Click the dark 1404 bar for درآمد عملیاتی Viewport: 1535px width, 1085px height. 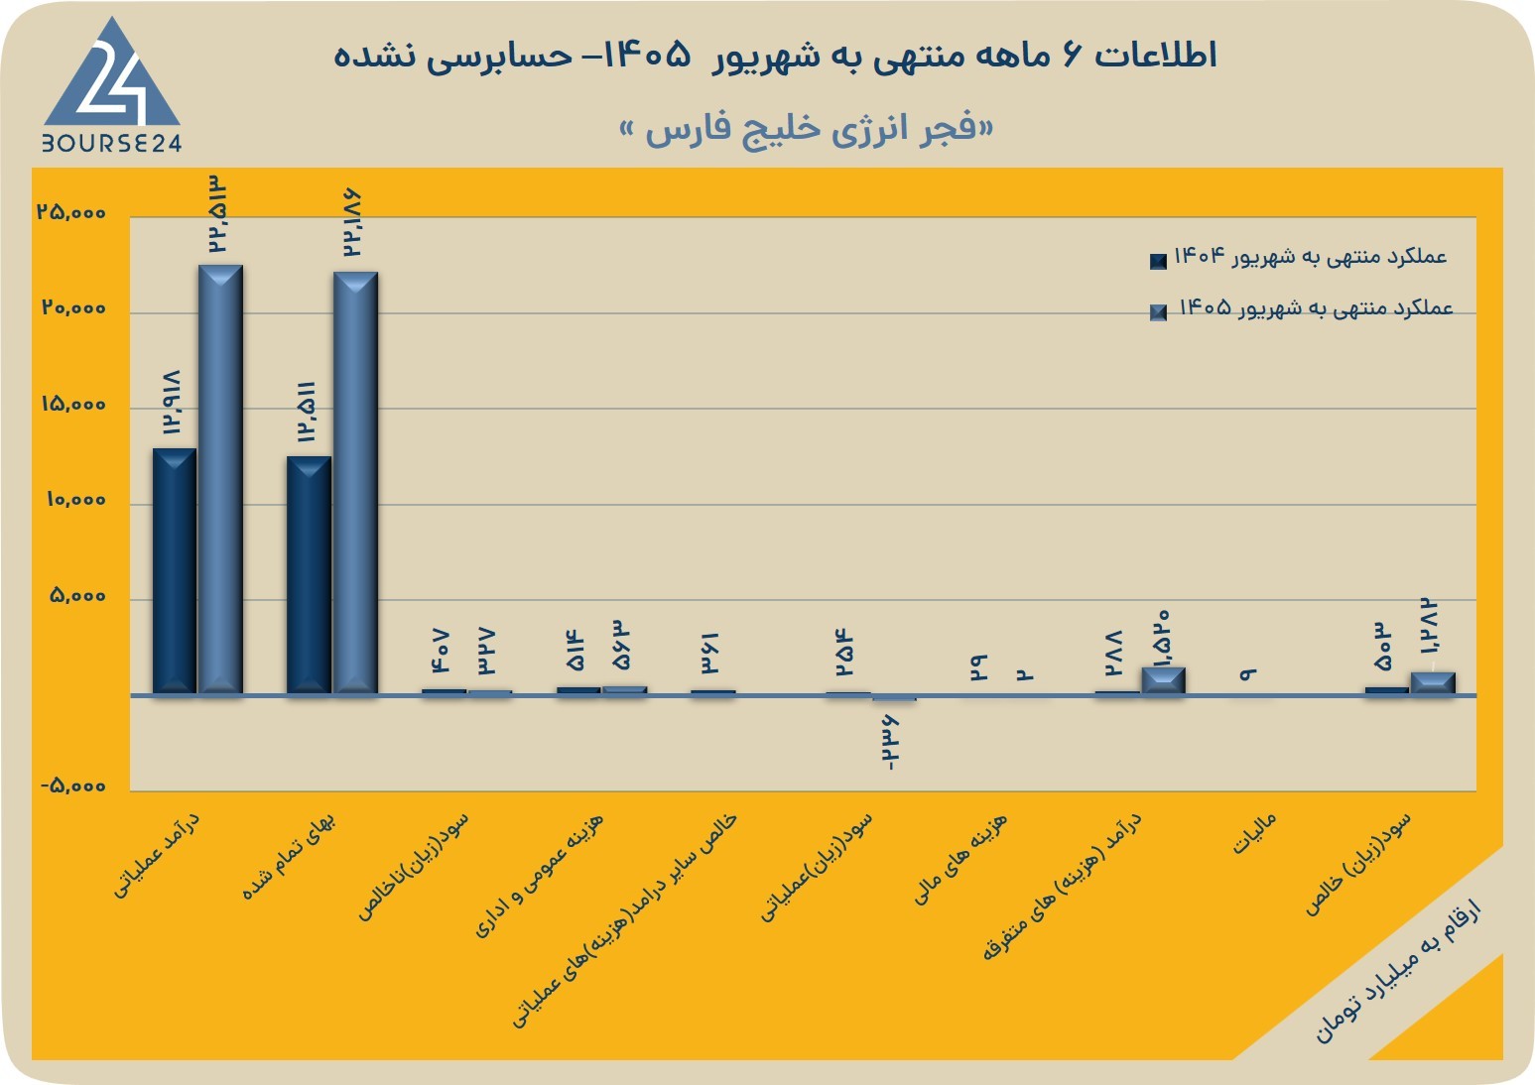pyautogui.click(x=174, y=571)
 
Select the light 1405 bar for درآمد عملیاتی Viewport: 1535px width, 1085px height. pyautogui.click(x=220, y=479)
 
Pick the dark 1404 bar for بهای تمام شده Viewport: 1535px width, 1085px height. pyautogui.click(x=309, y=575)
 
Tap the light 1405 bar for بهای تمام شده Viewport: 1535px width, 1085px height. pyautogui.click(x=355, y=483)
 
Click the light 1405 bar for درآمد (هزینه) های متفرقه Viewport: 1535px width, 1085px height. pyautogui.click(x=1164, y=681)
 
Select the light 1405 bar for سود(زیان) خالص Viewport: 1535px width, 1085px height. pyautogui.click(x=1433, y=683)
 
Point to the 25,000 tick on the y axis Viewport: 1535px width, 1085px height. pyautogui.click(x=72, y=212)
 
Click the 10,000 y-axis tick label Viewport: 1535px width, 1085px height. pyautogui.click(x=76, y=500)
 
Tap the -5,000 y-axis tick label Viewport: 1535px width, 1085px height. pyautogui.click(x=73, y=785)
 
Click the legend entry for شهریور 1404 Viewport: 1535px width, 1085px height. pyautogui.click(x=1299, y=257)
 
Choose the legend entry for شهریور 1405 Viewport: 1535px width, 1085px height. pyautogui.click(x=1301, y=308)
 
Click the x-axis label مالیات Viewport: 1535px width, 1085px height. pyautogui.click(x=1254, y=833)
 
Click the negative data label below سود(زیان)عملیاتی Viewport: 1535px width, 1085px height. pyautogui.click(x=889, y=742)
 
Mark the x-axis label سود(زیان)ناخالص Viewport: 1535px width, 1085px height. pyautogui.click(x=413, y=867)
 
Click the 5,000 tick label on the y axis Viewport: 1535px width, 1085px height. pyautogui.click(x=77, y=596)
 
